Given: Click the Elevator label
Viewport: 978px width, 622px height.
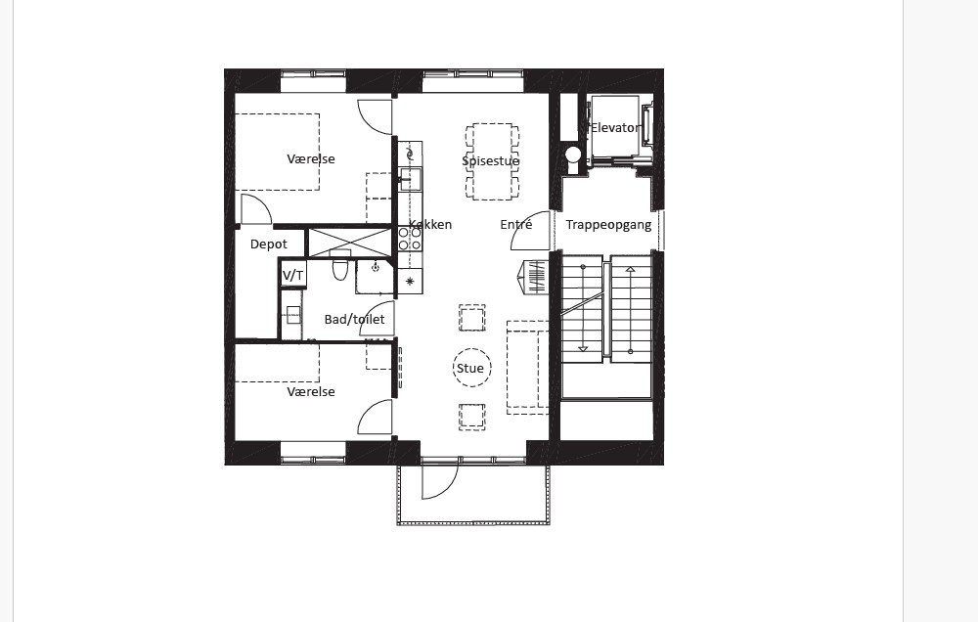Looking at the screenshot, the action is click(615, 128).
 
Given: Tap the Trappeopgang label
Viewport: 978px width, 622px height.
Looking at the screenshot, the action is click(608, 225).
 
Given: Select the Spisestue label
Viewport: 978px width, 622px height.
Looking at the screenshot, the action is click(491, 161).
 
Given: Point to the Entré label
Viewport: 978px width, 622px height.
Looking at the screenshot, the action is click(515, 225).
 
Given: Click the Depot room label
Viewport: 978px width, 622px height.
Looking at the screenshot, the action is click(269, 244).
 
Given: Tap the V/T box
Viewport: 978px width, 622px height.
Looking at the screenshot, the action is click(293, 275).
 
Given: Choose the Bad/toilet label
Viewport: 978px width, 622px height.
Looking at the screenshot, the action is click(354, 320).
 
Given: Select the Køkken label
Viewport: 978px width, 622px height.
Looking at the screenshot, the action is click(430, 225).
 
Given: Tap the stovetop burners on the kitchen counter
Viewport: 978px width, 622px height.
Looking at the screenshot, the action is click(410, 239).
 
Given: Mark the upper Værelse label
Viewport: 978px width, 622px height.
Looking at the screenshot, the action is click(311, 159).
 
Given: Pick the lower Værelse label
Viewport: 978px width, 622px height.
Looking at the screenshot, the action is click(311, 392).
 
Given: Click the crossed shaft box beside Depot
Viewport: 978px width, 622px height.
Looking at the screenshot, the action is click(350, 243).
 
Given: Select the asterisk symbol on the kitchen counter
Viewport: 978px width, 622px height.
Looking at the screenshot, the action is click(410, 282).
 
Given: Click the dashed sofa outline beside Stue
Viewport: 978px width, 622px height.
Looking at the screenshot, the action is click(528, 368).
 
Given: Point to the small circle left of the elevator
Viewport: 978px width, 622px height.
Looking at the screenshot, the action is click(573, 155).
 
